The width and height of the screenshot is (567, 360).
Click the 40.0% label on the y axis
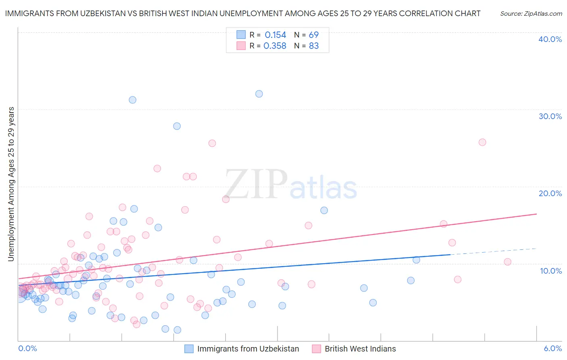550,39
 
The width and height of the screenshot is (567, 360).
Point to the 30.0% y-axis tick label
550,116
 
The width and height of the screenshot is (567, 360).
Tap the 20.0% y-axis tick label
550,193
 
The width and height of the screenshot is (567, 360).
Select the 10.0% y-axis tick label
551,271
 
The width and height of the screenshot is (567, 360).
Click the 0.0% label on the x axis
27,348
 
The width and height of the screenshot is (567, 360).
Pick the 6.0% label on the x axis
552,348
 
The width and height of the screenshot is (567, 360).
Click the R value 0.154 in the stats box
275,35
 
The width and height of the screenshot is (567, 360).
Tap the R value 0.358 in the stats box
275,46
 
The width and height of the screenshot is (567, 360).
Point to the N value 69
314,35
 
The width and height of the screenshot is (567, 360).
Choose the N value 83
314,46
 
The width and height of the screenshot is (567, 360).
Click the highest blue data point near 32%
259,94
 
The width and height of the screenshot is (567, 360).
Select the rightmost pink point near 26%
482,142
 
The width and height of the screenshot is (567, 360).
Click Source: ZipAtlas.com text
531,14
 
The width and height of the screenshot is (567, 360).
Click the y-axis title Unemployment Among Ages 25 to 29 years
11,184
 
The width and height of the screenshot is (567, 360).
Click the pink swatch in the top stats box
241,46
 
